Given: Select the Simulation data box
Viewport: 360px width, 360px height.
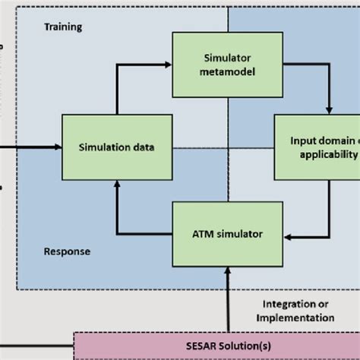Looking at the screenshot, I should tap(116, 147).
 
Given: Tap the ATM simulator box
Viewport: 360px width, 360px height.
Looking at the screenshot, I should tap(223, 233).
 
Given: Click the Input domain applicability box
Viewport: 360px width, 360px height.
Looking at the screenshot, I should tap(317, 147).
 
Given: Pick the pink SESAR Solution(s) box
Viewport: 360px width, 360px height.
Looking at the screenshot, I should tap(216, 346).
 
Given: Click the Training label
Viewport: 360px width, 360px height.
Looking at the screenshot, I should tap(63, 27).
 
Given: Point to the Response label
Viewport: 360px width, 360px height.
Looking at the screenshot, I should tap(68, 251).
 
